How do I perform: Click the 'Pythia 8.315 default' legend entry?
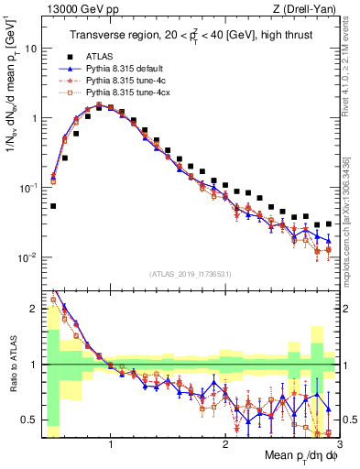[x=126, y=69]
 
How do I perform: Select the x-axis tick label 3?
[x=338, y=444]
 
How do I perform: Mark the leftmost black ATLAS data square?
[x=53, y=206]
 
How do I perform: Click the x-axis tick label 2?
[x=225, y=444]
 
